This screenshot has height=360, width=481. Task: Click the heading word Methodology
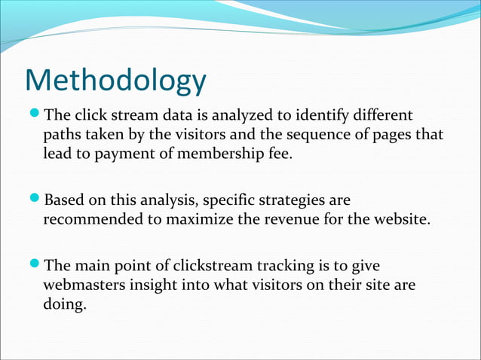click(x=115, y=81)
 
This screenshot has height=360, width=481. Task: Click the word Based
click(x=65, y=201)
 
